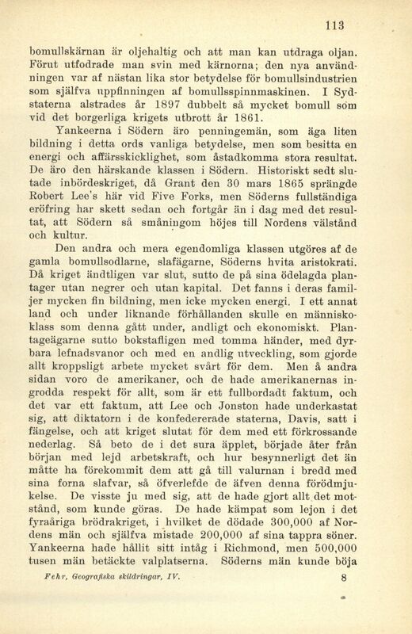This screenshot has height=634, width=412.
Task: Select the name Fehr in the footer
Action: (x=55, y=602)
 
